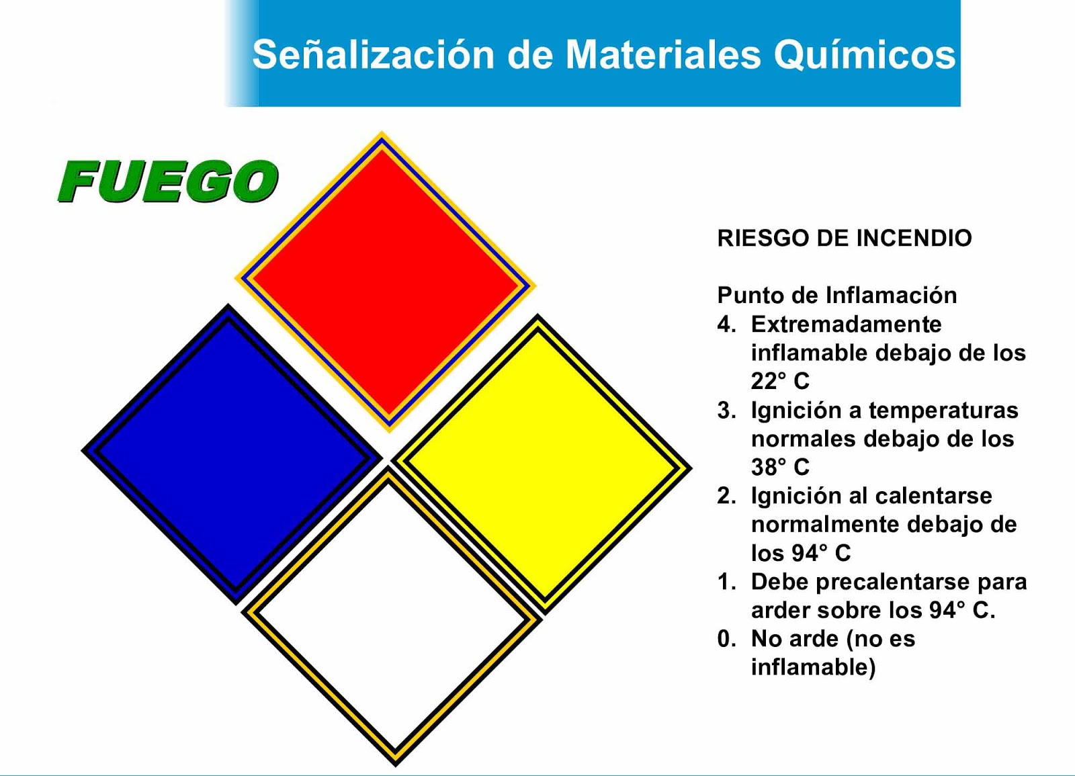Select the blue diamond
pyautogui.click(x=232, y=455)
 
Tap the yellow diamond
pyautogui.click(x=542, y=464)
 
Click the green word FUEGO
pyautogui.click(x=168, y=181)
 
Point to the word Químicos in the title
pyautogui.click(x=864, y=54)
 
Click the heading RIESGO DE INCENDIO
pyautogui.click(x=844, y=238)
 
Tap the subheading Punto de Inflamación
pyautogui.click(x=836, y=295)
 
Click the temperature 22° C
pyautogui.click(x=780, y=381)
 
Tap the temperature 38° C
pyautogui.click(x=780, y=466)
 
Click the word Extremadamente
pyautogui.click(x=846, y=325)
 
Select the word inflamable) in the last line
pyautogui.click(x=813, y=667)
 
